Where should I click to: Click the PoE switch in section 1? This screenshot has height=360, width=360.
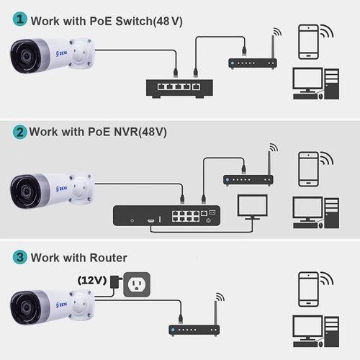pos(179,87)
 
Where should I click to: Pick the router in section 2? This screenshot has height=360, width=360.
pos(244,177)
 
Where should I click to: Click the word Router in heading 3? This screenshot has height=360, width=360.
pos(106,258)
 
